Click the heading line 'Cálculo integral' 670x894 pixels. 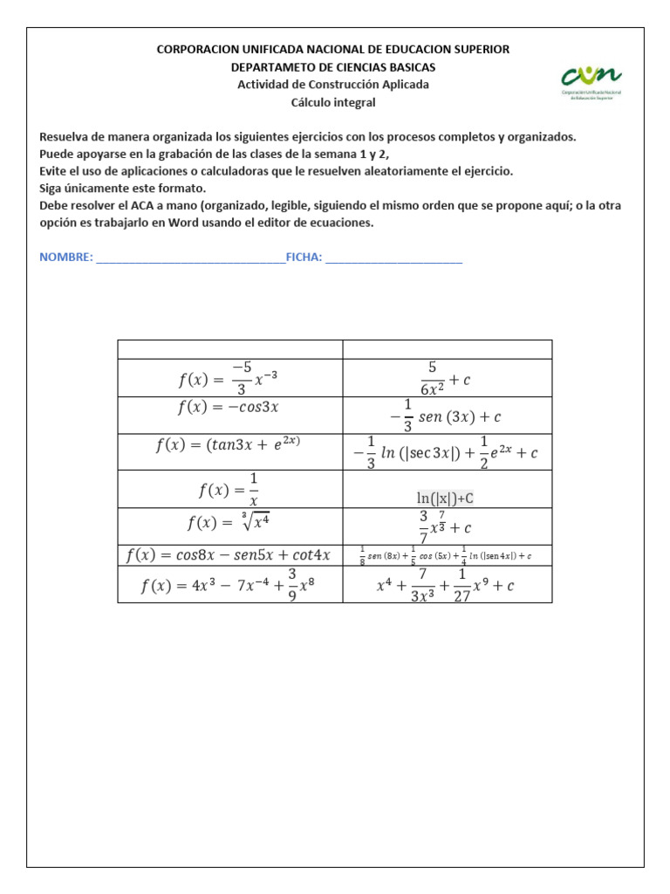pyautogui.click(x=333, y=102)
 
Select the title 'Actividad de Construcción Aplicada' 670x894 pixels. pyautogui.click(x=333, y=85)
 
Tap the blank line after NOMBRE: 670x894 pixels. pyautogui.click(x=190, y=258)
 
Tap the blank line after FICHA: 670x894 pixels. pyautogui.click(x=393, y=258)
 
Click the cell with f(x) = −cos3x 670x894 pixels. pyautogui.click(x=229, y=407)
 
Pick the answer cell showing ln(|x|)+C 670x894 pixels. pyautogui.click(x=446, y=498)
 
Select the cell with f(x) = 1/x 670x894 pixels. pyautogui.click(x=229, y=489)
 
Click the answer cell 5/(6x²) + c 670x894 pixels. pyautogui.click(x=446, y=378)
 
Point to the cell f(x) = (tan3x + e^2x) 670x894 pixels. pyautogui.click(x=229, y=444)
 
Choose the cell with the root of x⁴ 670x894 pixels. pyautogui.click(x=229, y=523)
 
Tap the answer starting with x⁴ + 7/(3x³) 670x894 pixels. pyautogui.click(x=446, y=585)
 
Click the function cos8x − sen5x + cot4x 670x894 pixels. pyautogui.click(x=229, y=554)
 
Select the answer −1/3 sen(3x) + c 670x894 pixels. pyautogui.click(x=446, y=416)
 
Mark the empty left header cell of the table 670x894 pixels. pyautogui.click(x=229, y=349)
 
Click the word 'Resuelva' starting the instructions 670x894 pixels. pyautogui.click(x=66, y=137)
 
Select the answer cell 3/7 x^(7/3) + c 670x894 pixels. pyautogui.click(x=446, y=526)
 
